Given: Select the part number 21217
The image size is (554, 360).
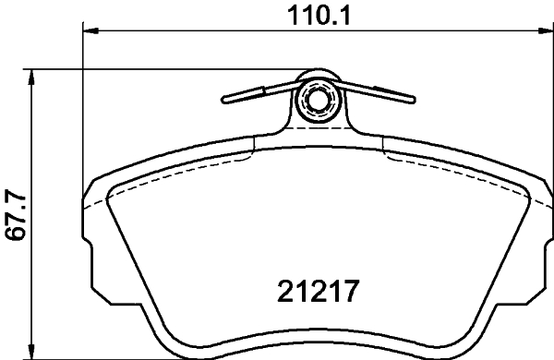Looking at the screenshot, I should [318, 294].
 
